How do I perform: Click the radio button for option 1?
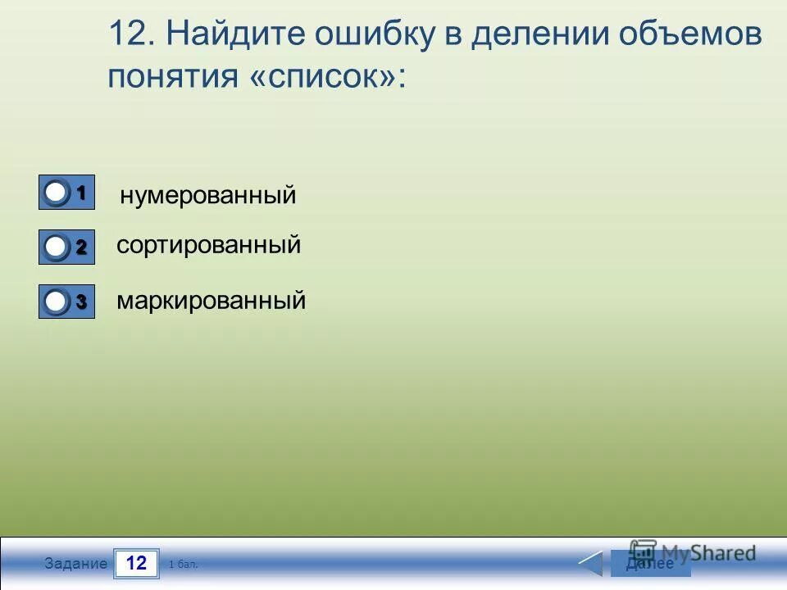[x=56, y=193]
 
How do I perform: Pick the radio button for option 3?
[x=56, y=302]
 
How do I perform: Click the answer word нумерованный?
[x=207, y=197]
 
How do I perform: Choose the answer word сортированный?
[x=208, y=245]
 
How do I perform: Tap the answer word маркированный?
[x=211, y=301]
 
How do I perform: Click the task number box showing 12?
[x=136, y=563]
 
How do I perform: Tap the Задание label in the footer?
[x=76, y=564]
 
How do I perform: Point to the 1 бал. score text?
[x=183, y=565]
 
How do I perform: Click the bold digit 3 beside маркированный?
[x=81, y=302]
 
